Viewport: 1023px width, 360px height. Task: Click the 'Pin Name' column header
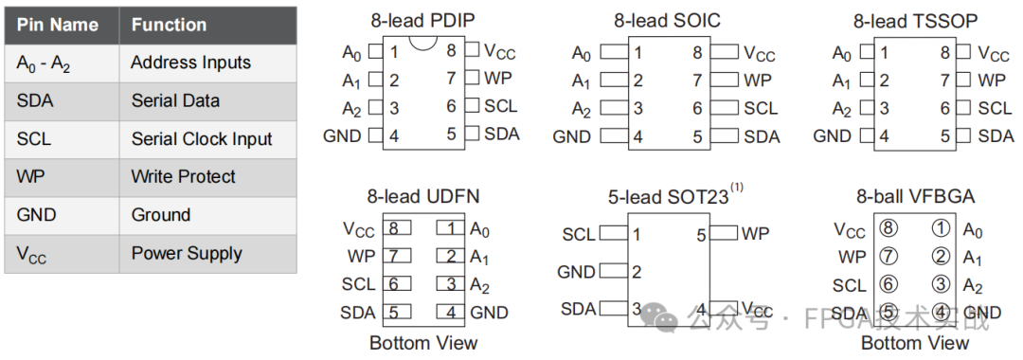[x=58, y=25]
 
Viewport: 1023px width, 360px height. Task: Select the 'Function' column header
[x=169, y=25]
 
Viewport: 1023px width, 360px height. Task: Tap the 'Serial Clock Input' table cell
[x=202, y=139]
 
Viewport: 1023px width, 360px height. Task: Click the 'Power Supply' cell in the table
[x=187, y=253]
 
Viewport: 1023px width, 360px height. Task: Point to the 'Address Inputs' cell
[x=190, y=63]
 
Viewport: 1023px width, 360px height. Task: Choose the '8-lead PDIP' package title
[x=422, y=20]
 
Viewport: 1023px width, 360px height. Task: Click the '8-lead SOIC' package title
[x=667, y=20]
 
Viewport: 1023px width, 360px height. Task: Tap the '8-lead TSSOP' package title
[x=915, y=20]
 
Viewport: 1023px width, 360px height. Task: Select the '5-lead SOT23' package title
[x=669, y=197]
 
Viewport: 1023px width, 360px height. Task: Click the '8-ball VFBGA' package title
[x=915, y=197]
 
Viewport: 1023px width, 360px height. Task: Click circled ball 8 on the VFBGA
[x=888, y=228]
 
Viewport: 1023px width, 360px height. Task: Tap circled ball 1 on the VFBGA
[x=941, y=228]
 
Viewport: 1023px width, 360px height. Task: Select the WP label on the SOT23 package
[x=755, y=233]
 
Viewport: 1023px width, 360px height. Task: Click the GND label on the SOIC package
[x=571, y=136]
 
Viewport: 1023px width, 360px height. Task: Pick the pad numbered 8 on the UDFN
[x=393, y=228]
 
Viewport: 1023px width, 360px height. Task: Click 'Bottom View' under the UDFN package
[x=423, y=342]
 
